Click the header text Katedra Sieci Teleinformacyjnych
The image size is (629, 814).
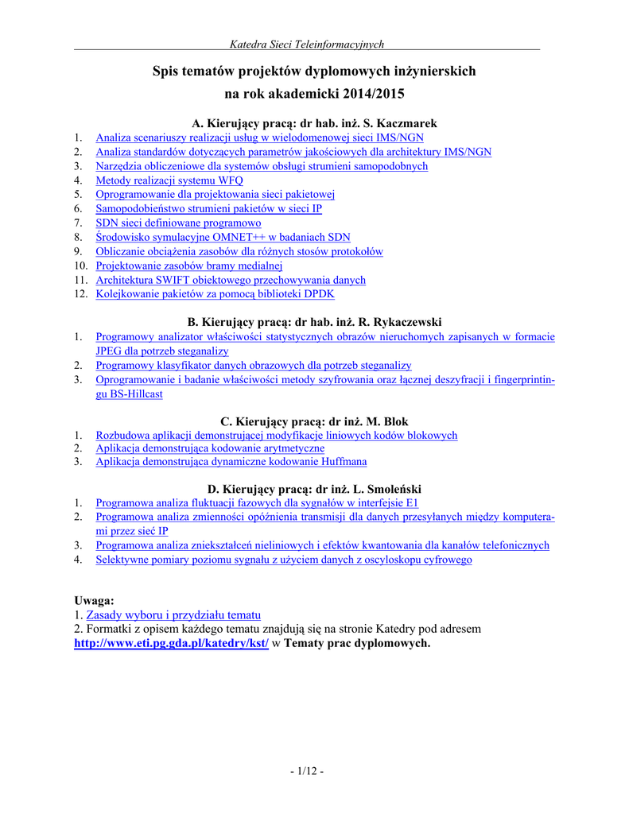(x=306, y=45)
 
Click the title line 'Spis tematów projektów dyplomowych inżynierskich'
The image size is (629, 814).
(x=314, y=72)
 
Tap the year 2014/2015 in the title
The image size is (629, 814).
(x=375, y=94)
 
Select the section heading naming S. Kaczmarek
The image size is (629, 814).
(x=315, y=123)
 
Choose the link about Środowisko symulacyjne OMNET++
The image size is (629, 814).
(x=223, y=237)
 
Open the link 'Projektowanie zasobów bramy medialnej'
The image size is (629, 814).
(x=189, y=266)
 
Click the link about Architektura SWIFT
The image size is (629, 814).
(x=231, y=280)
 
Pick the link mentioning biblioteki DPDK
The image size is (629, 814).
(x=215, y=294)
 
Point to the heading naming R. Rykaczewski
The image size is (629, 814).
(x=314, y=322)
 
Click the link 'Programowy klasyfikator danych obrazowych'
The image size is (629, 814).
(x=254, y=365)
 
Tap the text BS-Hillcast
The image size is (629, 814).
(x=130, y=394)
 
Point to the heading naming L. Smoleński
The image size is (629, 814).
(x=314, y=488)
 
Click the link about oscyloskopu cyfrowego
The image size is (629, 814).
(x=284, y=560)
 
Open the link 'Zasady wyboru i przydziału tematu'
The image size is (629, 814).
(x=173, y=615)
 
